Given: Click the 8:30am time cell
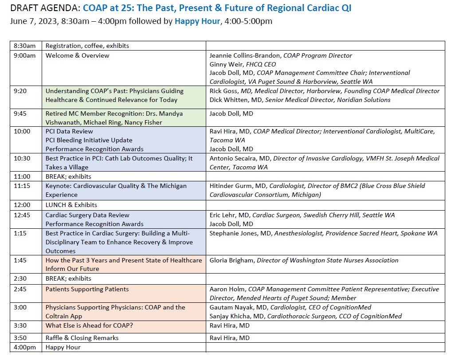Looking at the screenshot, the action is (x=26, y=46).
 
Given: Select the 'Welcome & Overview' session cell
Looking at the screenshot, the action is (x=124, y=68).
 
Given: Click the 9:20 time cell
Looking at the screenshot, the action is (x=26, y=97).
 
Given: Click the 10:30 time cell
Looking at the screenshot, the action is (x=26, y=162).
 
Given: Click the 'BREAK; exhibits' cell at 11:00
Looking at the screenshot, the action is (x=124, y=176).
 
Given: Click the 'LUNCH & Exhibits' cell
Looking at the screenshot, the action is (x=124, y=205).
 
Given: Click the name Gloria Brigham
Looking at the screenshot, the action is (x=231, y=261).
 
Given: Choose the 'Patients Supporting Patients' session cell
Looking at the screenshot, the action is (x=124, y=293).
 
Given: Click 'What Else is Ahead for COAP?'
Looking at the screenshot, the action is (x=89, y=325).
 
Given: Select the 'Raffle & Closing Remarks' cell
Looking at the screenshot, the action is (x=124, y=338).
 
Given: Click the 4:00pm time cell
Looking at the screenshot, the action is (x=26, y=348).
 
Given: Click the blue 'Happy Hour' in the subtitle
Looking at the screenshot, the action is (x=197, y=21).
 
